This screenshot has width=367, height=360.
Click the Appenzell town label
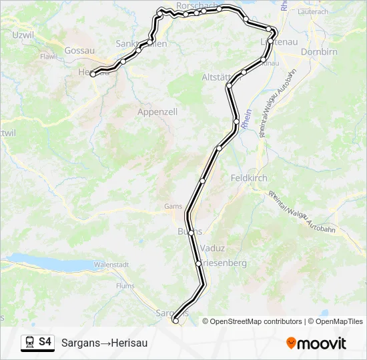[157, 112]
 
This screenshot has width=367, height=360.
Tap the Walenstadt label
[111, 265]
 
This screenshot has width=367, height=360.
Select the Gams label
[173, 207]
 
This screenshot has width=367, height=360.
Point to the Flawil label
[49, 57]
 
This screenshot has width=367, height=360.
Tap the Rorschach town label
[196, 5]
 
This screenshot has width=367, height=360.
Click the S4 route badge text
[45, 342]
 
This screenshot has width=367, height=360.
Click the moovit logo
[316, 343]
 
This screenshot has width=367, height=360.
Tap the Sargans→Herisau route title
[104, 343]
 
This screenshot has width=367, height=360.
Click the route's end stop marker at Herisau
[93, 73]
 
